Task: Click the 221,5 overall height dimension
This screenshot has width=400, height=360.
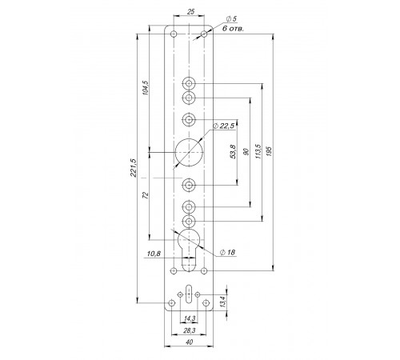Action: coord(134,168)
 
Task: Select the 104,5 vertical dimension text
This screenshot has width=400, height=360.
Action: coord(146,88)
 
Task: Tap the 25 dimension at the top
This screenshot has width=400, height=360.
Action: coord(191,12)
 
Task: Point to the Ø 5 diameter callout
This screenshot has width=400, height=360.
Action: coord(231,19)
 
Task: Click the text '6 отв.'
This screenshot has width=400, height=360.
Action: coord(233,29)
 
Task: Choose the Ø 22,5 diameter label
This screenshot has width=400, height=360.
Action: coord(224,126)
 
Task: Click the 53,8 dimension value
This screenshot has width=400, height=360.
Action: coord(233,152)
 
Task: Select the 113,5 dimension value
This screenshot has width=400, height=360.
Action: coord(258,151)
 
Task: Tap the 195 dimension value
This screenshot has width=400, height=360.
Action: coord(269,151)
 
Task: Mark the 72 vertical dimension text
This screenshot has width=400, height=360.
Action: coord(146,195)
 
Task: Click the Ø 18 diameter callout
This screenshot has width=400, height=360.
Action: coord(227,252)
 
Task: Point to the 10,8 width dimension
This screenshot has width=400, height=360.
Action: coord(154,254)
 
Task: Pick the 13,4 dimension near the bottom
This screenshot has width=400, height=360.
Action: coord(223,302)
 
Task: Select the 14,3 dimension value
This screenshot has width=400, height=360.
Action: coord(190,318)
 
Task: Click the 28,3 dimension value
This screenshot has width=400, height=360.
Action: coord(190,330)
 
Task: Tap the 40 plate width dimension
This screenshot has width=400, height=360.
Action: coord(189,342)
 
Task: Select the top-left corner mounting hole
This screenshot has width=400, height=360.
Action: coord(174,34)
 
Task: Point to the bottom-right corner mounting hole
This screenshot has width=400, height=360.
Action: coord(206,303)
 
